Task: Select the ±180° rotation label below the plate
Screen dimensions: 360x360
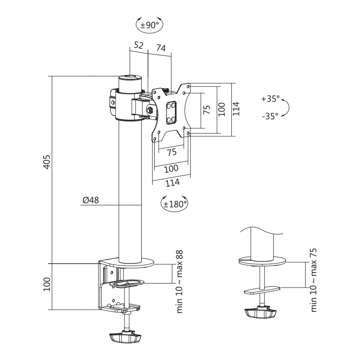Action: click(x=175, y=204)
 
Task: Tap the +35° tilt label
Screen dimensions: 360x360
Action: click(x=270, y=99)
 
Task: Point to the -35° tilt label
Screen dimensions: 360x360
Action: click(x=270, y=116)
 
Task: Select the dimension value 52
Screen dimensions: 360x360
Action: click(x=139, y=46)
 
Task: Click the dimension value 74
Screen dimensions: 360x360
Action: click(x=161, y=48)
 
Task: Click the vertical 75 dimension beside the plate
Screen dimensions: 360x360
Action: click(x=207, y=110)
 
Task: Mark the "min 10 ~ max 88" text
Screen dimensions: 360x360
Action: click(x=180, y=281)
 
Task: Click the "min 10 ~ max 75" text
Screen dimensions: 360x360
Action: click(x=314, y=279)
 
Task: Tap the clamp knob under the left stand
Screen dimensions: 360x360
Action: click(x=125, y=336)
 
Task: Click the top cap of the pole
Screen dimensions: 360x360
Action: click(x=130, y=78)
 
